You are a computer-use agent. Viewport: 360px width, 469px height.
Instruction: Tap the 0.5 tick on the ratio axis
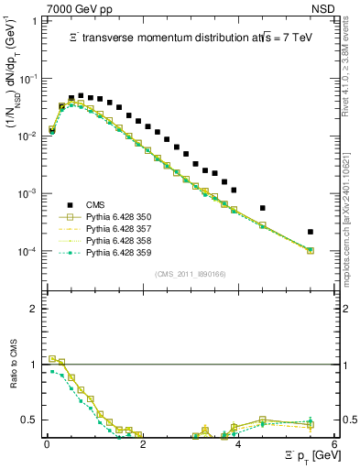pos(32,420)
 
